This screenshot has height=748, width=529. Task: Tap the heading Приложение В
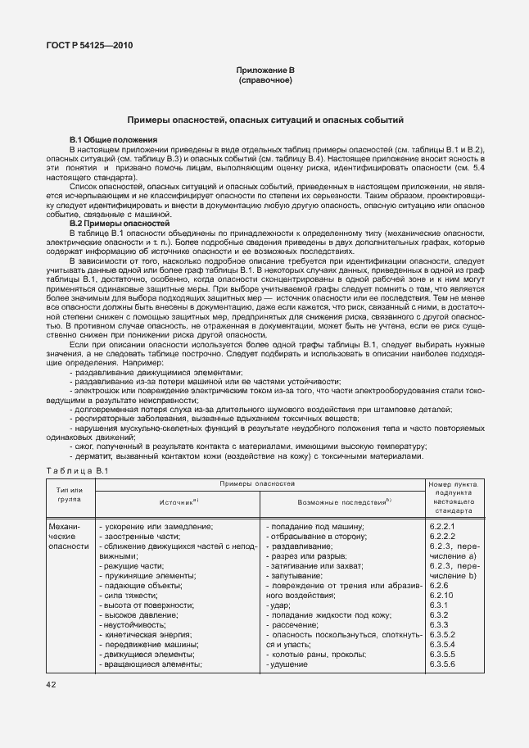[x=264, y=73]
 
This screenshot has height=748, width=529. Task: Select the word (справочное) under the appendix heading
[x=264, y=82]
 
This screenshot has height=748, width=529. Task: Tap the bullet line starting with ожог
[x=248, y=446]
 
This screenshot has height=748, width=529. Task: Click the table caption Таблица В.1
[x=73, y=470]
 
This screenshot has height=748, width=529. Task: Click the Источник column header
[x=179, y=499]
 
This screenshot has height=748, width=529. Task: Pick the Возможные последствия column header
[x=342, y=499]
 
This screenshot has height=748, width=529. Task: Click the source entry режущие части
[x=131, y=565]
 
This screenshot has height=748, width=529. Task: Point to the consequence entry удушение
[x=287, y=664]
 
